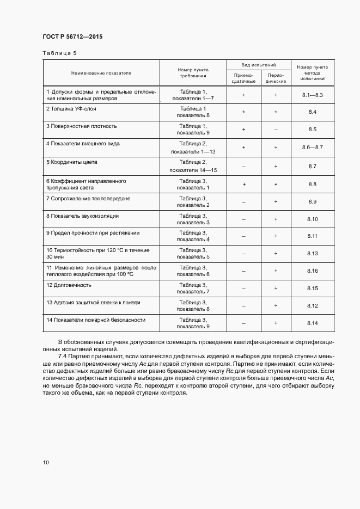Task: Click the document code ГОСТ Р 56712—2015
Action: (72, 37)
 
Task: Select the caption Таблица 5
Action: (59, 53)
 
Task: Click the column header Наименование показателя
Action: (101, 72)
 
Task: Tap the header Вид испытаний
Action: (259, 64)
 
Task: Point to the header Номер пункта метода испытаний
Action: (312, 72)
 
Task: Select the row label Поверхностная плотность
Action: (82, 126)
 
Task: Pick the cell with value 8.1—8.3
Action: (313, 95)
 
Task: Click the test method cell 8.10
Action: (313, 219)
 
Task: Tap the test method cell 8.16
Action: (313, 271)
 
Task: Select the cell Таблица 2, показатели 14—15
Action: (190, 166)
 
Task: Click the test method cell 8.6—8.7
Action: (313, 148)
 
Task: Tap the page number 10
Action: (46, 462)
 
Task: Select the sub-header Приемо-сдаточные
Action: (243, 77)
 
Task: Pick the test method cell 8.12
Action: (313, 305)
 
